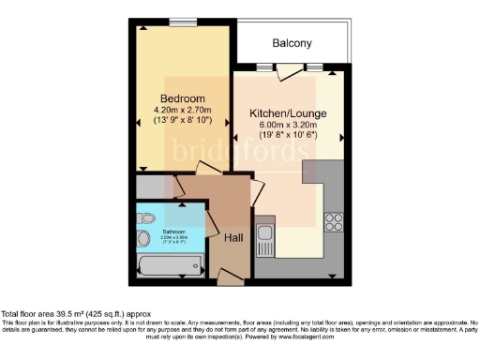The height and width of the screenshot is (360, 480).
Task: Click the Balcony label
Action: click(292, 43)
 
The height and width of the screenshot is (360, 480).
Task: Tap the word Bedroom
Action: click(182, 98)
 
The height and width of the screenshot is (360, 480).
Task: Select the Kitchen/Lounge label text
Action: click(288, 113)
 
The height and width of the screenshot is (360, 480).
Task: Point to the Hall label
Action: click(235, 238)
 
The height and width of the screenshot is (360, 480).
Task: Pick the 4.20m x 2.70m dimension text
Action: click(182, 110)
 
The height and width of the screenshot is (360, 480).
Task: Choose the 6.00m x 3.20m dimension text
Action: click(288, 125)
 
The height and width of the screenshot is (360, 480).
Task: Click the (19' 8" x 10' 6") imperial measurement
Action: click(288, 136)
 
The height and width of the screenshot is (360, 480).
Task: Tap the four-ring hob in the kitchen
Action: click(334, 222)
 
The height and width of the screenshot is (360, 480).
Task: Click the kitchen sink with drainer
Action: click(264, 240)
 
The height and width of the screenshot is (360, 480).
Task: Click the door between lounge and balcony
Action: click(291, 70)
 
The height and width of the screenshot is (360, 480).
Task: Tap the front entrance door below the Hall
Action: click(229, 276)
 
